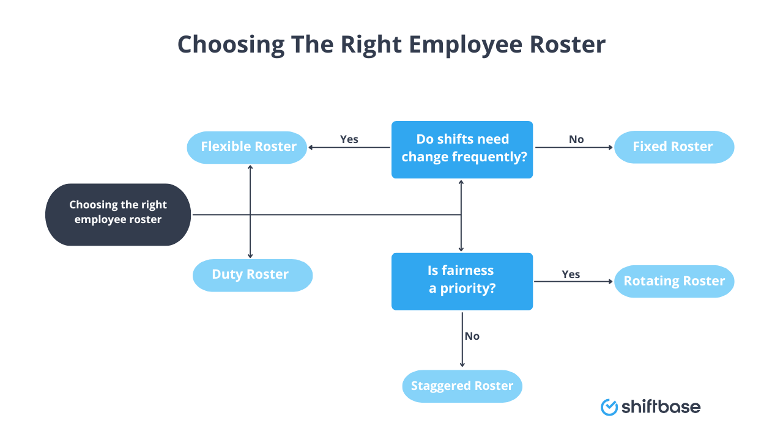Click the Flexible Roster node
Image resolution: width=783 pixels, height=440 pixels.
pos(247,147)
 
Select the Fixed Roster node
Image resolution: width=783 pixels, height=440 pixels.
pos(674,147)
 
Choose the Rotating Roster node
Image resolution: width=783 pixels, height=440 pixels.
pos(674,282)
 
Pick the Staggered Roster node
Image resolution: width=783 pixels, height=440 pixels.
pos(462,386)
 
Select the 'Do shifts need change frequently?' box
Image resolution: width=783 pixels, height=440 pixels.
pos(462,149)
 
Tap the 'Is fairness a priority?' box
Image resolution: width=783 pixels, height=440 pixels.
pos(462,281)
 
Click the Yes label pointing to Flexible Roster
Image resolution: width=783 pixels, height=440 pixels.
pos(349,139)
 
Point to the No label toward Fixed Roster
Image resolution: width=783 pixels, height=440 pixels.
pos(576,139)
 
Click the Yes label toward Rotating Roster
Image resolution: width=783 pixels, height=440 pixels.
pos(571,274)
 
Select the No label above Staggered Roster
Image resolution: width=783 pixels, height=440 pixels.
pos(472,336)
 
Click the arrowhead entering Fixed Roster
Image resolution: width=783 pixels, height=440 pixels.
pos(610,147)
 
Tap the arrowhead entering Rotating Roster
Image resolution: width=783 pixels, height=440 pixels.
pos(610,282)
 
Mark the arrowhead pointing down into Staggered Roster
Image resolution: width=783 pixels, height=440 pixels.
pos(462,365)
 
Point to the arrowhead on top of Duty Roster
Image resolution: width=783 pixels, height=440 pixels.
pos(250,256)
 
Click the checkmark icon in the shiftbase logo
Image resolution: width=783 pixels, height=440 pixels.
pos(609,407)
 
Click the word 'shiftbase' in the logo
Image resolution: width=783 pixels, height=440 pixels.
pos(661,407)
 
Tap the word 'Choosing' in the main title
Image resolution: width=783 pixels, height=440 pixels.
pos(231,45)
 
